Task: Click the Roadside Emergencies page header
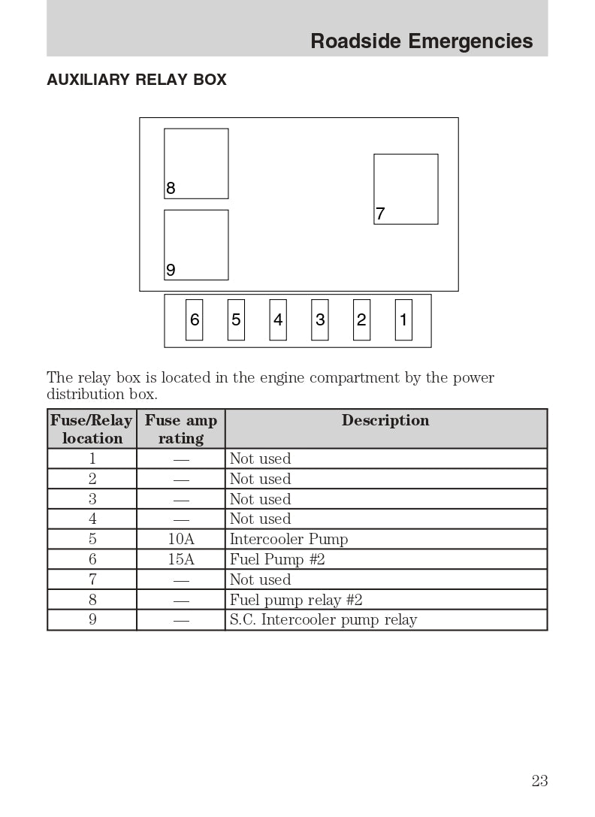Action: point(421,41)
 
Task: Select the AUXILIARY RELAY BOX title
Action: point(137,80)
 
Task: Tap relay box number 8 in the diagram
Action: point(196,164)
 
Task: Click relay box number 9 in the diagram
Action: point(196,245)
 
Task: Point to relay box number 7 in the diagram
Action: point(406,189)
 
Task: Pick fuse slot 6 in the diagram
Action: point(195,320)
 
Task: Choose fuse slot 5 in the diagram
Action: point(236,320)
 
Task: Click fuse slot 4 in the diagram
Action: point(278,320)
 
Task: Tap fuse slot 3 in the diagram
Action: point(320,320)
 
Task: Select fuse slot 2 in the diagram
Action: point(361,320)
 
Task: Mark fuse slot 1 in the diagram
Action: point(403,320)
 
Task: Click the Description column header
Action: point(385,421)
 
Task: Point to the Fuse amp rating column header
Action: point(180,429)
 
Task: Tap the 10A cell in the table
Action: point(181,540)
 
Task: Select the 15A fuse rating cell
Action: point(181,560)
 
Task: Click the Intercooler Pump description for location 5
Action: point(288,540)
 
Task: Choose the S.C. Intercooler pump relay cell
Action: point(323,621)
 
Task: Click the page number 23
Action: point(539,781)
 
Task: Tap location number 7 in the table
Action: point(92,580)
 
